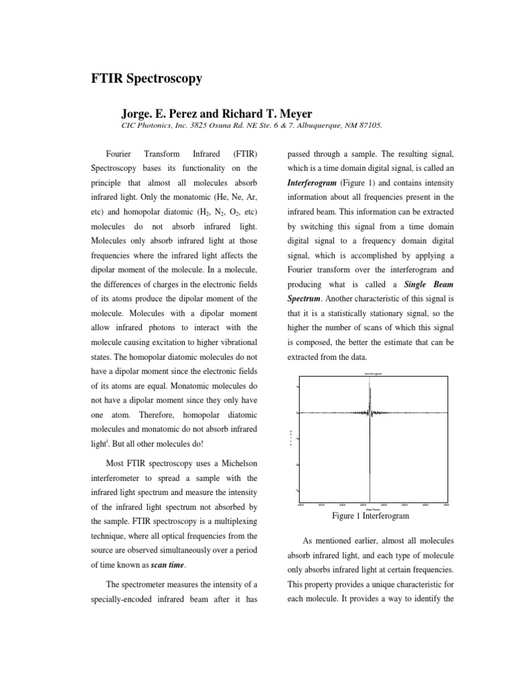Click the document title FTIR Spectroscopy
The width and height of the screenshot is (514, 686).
(146, 79)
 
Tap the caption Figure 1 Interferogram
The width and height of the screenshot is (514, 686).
(370, 517)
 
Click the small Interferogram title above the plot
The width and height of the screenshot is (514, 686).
(373, 373)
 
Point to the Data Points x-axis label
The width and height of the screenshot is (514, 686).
(373, 508)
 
